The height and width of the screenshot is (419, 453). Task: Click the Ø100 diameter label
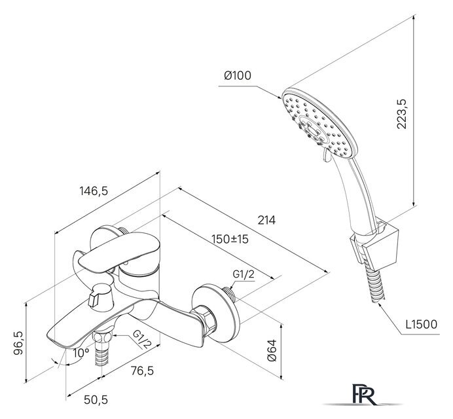coord(238,75)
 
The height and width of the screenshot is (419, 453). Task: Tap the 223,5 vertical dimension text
coord(401,114)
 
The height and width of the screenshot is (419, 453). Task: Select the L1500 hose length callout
coord(422,324)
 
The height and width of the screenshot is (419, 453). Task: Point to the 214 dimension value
coord(266,220)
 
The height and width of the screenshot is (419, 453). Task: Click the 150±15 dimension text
coord(230,239)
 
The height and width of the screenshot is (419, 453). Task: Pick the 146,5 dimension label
coord(94,191)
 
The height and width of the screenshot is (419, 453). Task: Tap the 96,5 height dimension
coord(18,343)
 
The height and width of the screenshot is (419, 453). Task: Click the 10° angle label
coord(81,352)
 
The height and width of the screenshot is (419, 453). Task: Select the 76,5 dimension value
coord(143,371)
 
